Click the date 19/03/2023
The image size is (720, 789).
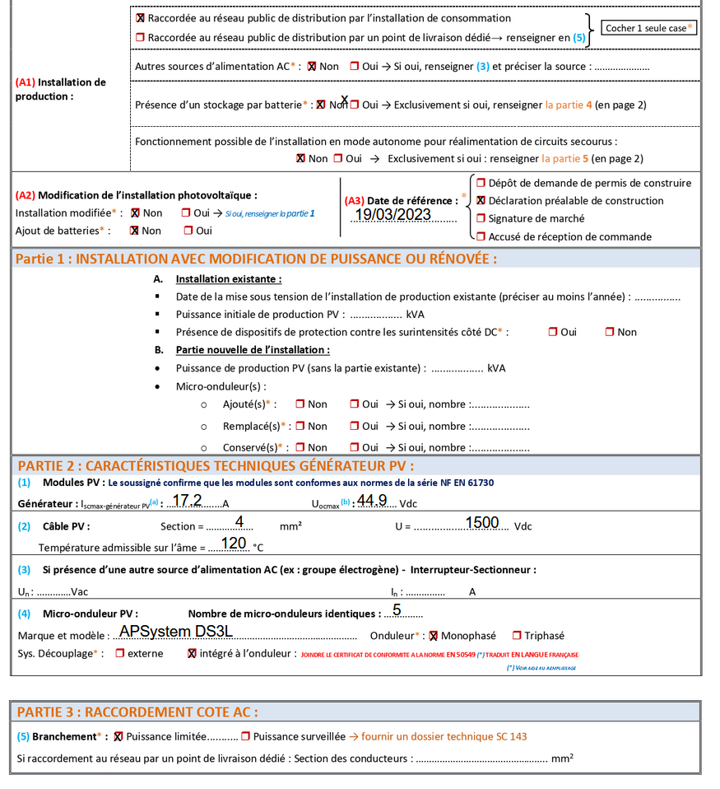click(393, 215)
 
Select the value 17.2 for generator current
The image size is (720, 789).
click(187, 500)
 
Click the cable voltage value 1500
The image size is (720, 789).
click(482, 522)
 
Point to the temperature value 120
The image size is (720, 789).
click(234, 544)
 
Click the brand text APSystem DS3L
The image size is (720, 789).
click(176, 631)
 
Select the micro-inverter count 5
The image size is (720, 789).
click(397, 609)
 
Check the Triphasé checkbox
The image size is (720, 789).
click(517, 636)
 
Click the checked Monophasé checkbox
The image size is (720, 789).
click(434, 636)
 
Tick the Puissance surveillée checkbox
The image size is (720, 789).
click(244, 736)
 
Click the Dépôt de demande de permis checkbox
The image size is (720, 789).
click(481, 183)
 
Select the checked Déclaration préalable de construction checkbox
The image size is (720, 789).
click(481, 201)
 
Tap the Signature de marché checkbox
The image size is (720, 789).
click(481, 219)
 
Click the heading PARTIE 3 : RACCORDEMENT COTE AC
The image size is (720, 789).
click(137, 712)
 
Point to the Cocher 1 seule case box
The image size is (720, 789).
click(648, 28)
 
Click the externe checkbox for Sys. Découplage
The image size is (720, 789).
click(120, 654)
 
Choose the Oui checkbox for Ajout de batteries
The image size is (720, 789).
click(187, 231)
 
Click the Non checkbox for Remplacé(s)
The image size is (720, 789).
click(300, 427)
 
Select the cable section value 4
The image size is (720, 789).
click(239, 522)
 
